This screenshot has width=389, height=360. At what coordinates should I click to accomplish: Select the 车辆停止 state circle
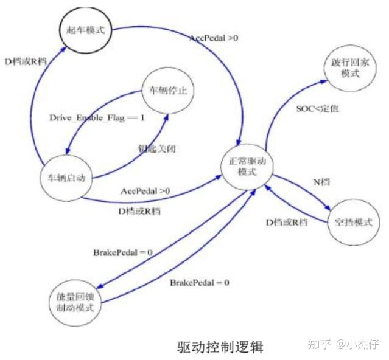pos(167,92)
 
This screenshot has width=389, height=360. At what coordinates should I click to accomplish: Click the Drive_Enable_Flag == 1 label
pos(97,117)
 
